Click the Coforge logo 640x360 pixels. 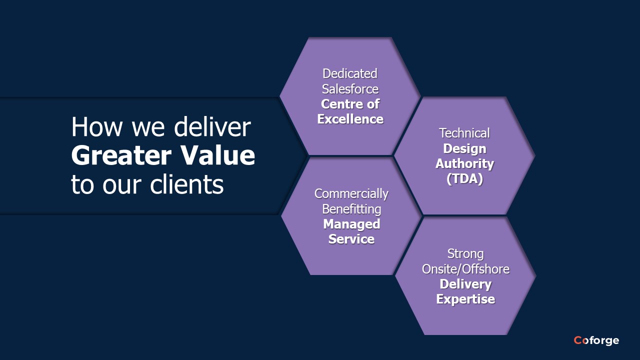(596, 340)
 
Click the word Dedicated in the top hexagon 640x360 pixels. (350, 73)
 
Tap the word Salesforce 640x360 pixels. (350, 89)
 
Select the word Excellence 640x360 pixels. (350, 119)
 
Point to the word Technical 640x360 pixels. (464, 133)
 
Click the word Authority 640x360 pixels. (464, 163)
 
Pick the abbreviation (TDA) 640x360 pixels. (464, 178)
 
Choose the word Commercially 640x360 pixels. (351, 193)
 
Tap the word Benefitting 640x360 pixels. (351, 208)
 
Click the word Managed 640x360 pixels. (351, 224)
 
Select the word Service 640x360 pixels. (351, 239)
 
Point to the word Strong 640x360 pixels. (465, 253)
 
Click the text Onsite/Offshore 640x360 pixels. (465, 269)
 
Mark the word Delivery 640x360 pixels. (465, 284)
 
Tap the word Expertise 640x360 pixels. (465, 299)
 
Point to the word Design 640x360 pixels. (464, 148)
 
